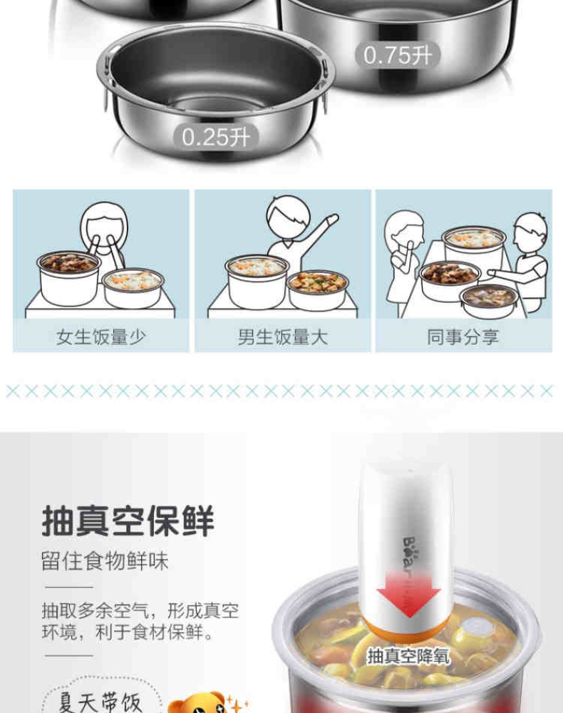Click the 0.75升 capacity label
397,56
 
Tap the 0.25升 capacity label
216,137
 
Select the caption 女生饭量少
101,337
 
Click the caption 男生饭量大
283,337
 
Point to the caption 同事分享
463,337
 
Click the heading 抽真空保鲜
128,520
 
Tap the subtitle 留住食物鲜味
105,561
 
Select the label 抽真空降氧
408,656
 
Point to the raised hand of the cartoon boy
331,220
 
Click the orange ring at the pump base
408,631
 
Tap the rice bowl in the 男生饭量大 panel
257,280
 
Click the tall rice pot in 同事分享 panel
474,248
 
